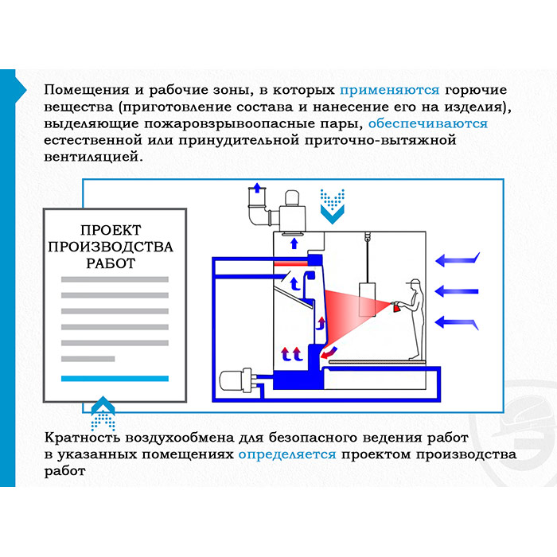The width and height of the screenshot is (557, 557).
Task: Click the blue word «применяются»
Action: [390, 89]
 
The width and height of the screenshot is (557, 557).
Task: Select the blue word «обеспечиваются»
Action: [428, 123]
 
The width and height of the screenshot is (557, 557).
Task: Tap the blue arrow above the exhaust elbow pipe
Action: [256, 189]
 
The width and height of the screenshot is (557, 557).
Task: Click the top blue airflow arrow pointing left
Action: [457, 259]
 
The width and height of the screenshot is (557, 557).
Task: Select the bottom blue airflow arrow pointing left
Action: [457, 321]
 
